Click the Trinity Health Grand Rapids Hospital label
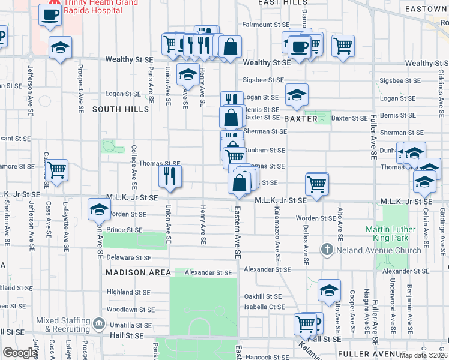(108, 5)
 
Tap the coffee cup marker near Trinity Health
(50, 14)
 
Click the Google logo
(19, 353)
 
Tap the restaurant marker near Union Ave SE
(170, 176)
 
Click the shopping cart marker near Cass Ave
(56, 170)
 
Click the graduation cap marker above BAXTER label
(296, 94)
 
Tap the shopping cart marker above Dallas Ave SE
(316, 183)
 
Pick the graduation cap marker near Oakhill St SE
(329, 290)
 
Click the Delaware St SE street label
(128, 257)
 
